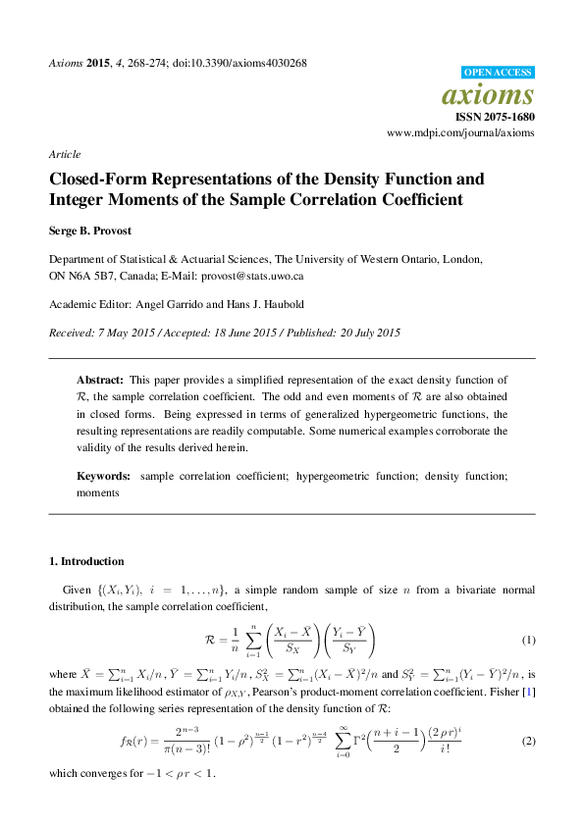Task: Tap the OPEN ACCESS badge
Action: click(x=498, y=73)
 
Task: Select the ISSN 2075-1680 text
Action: click(x=495, y=116)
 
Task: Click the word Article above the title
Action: click(x=64, y=154)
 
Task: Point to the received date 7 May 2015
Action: click(x=124, y=333)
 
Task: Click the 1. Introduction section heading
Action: click(x=86, y=561)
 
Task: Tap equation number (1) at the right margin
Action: click(x=528, y=641)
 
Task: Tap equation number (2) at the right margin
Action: click(x=528, y=741)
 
